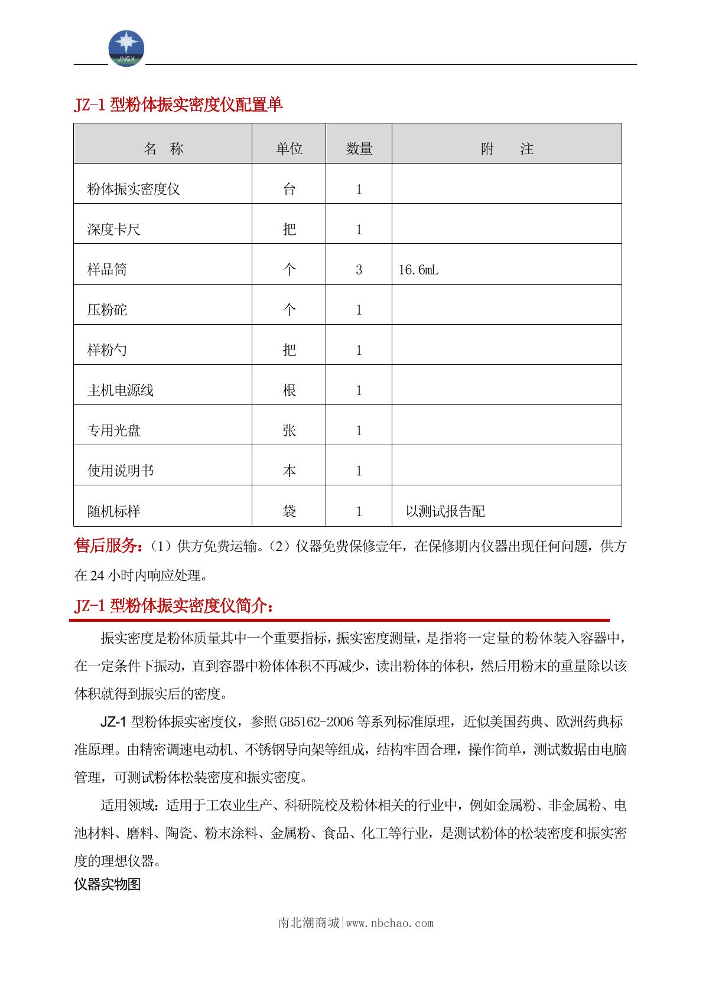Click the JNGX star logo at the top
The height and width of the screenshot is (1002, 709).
[x=126, y=48]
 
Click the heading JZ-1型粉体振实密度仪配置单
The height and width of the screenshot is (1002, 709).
[x=178, y=105]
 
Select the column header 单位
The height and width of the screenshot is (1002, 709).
[x=289, y=149]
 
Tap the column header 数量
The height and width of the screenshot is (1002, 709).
[x=359, y=149]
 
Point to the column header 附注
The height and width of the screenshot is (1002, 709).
[x=506, y=149]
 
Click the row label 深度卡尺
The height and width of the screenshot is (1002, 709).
[x=114, y=230]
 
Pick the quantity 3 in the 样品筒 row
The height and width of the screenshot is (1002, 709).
[x=359, y=270]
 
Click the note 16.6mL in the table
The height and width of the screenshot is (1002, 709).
[x=418, y=270]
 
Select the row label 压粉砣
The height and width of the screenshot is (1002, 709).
[x=107, y=310]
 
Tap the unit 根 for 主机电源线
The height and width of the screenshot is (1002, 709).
[x=289, y=390]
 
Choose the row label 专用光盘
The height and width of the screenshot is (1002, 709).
[x=114, y=430]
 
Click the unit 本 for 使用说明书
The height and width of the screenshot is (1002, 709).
[x=289, y=471]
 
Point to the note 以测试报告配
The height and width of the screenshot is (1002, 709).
[x=445, y=511]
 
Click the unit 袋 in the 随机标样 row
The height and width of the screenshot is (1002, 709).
[x=289, y=511]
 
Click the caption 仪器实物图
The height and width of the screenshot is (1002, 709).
[x=107, y=884]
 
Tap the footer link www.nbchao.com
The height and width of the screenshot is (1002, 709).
[x=389, y=923]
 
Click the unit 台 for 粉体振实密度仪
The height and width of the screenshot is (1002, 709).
[x=289, y=190]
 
